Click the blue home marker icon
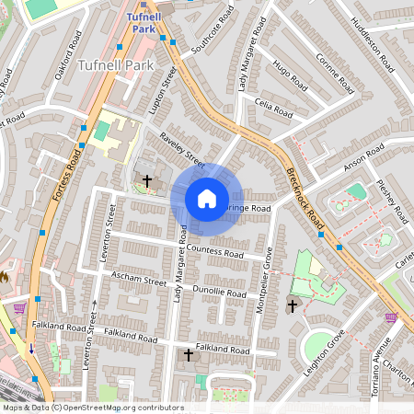tap(207, 198)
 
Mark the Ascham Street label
tap(138, 279)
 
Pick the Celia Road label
tap(273, 108)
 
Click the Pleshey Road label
tap(393, 201)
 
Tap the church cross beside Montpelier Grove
tap(293, 305)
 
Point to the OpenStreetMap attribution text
tap(81, 407)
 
